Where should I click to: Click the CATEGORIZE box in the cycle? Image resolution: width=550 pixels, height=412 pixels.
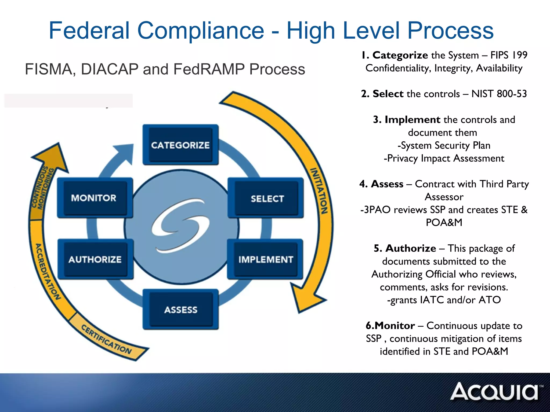[x=180, y=145]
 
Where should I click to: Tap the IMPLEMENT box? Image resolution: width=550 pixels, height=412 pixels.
[x=265, y=259]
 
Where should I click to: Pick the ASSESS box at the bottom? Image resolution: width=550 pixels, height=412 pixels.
[x=180, y=310]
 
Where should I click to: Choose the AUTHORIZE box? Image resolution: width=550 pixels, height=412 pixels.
[x=95, y=259]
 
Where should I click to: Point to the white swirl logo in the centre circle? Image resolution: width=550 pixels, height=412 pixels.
[x=180, y=225]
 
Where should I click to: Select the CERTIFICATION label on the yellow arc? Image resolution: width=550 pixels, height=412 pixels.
[x=106, y=339]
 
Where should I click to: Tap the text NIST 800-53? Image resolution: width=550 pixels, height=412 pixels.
[x=499, y=94]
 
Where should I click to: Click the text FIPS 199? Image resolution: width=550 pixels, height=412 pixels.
[x=509, y=55]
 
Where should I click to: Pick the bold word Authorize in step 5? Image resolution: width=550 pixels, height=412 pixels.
[x=411, y=248]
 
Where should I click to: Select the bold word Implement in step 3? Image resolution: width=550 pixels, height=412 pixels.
[x=412, y=120]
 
